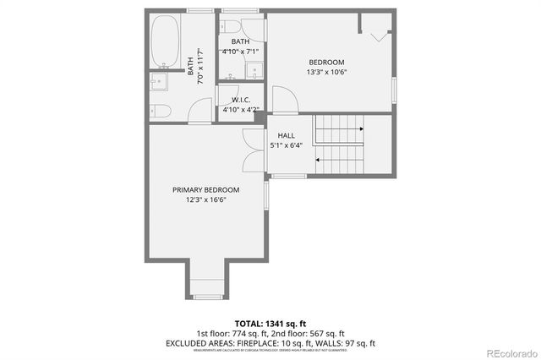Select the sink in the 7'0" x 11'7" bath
[158, 81]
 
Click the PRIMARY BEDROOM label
[205, 189]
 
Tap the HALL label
[286, 135]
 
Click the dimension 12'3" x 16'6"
[205, 199]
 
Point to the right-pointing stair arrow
[361, 129]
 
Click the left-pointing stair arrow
[320, 158]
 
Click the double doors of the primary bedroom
[250, 150]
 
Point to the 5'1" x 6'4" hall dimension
[286, 145]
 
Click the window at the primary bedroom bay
[207, 297]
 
